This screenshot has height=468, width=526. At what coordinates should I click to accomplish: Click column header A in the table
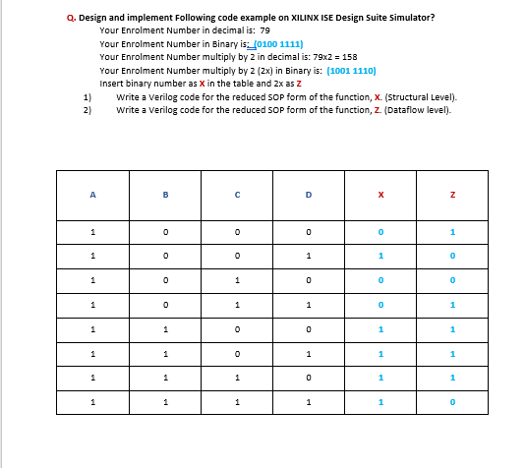pyautogui.click(x=91, y=195)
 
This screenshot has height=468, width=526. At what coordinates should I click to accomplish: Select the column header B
pyautogui.click(x=166, y=195)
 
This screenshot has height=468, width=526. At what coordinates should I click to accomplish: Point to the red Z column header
pyautogui.click(x=451, y=195)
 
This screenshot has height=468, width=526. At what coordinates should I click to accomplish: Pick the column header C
pyautogui.click(x=238, y=195)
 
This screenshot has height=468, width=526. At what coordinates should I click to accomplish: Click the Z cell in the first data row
pyautogui.click(x=451, y=232)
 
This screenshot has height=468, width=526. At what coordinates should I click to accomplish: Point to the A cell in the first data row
pyautogui.click(x=91, y=232)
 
